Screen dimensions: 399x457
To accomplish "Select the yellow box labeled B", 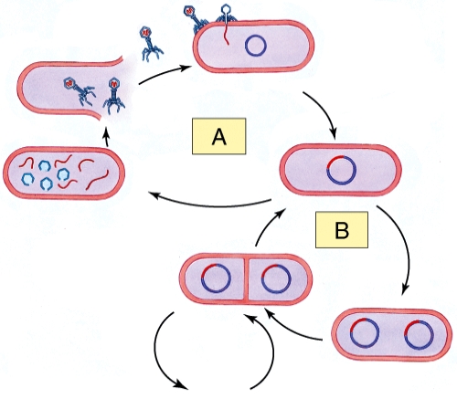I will click(x=342, y=230).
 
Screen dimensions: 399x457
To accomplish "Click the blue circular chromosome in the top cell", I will click(x=257, y=44).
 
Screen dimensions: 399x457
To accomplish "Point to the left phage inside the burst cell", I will click(x=77, y=90).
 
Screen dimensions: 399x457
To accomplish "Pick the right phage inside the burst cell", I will click(x=114, y=93).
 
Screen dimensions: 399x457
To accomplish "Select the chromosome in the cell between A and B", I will click(x=339, y=170).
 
